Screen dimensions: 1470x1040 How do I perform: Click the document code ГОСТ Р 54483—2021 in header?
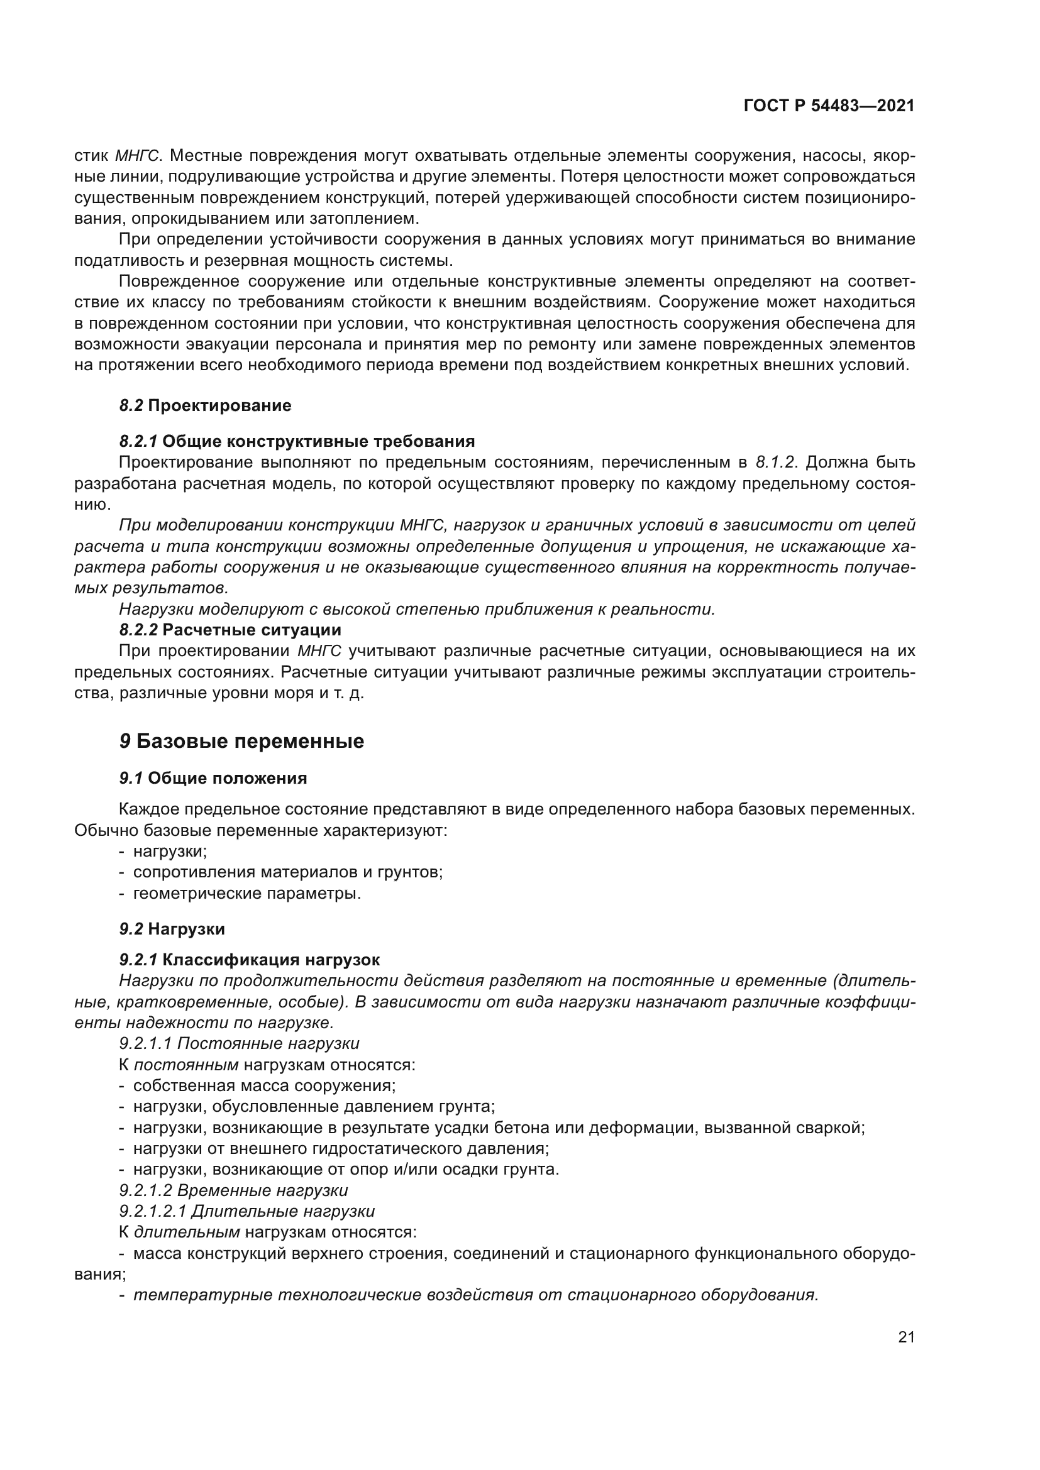coord(829,106)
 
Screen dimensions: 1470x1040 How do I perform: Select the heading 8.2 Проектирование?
coord(205,405)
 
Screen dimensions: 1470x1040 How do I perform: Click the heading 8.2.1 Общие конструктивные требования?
coord(297,441)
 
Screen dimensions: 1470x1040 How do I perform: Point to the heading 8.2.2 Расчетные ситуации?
coord(230,630)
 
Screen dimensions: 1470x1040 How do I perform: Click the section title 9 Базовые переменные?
coord(241,742)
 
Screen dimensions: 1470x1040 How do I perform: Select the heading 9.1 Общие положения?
coord(213,779)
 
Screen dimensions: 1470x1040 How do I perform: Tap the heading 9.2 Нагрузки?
coord(172,928)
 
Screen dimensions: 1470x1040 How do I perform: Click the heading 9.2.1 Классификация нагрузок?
coord(249,960)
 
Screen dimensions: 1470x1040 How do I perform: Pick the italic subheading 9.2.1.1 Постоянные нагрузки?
coord(239,1044)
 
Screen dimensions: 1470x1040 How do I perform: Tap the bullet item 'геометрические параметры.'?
coord(246,893)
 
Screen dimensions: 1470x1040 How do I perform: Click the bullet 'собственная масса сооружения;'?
coord(264,1085)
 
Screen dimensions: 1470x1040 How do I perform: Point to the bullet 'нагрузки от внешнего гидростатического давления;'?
coord(341,1149)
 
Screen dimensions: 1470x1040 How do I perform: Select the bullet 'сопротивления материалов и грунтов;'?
coord(287,872)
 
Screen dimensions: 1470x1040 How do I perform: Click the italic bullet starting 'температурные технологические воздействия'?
coord(475,1295)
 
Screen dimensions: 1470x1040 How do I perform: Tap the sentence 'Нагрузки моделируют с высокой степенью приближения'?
coord(416,609)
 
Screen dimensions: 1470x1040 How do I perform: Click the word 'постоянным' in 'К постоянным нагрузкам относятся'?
coord(185,1065)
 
